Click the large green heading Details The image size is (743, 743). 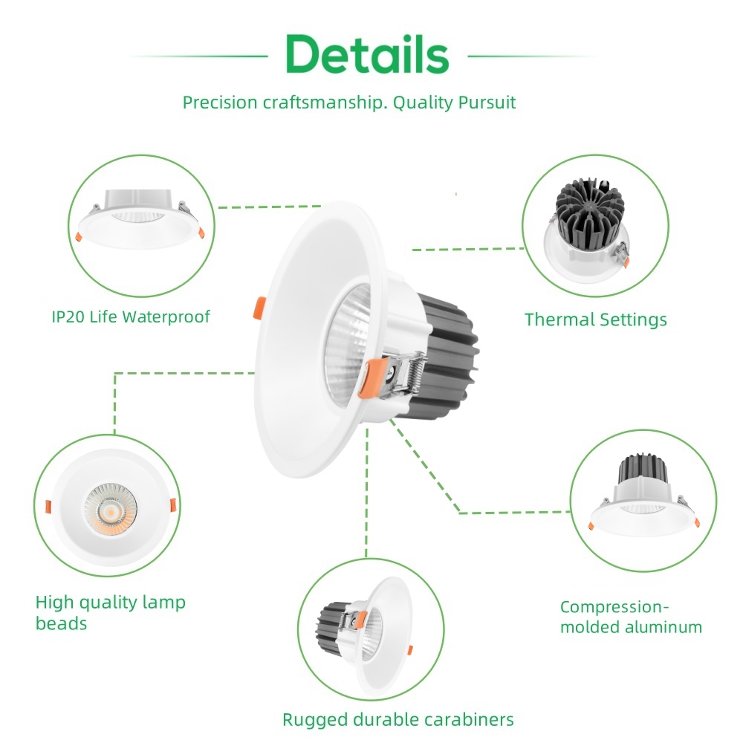[367, 54]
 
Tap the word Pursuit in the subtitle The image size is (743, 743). [484, 103]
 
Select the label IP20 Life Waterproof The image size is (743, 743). [131, 317]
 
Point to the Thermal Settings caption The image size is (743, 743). [595, 320]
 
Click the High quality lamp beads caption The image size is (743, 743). [110, 612]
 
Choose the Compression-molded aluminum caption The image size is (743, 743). [631, 617]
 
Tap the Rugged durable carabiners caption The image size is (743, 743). [398, 719]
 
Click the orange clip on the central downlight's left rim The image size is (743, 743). [260, 307]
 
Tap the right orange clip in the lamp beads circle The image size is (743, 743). [173, 505]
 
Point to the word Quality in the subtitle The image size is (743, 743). [421, 103]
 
